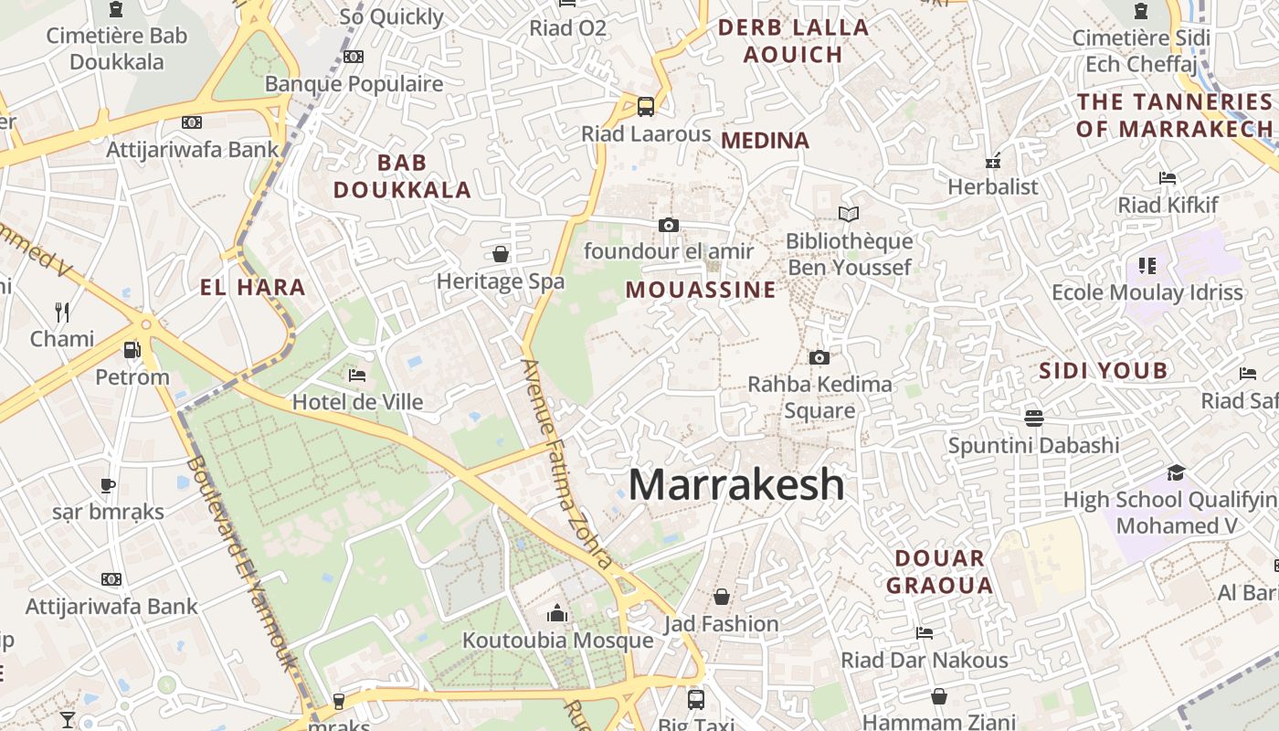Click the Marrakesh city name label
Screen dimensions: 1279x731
tap(736, 484)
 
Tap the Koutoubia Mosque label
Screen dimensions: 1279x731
tap(557, 640)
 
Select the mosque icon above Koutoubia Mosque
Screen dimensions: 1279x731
tap(557, 613)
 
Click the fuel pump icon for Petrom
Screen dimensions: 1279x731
tap(132, 350)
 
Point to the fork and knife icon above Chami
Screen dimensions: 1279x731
tap(62, 313)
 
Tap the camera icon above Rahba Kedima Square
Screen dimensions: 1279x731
tap(819, 357)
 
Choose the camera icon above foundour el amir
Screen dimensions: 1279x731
tap(669, 225)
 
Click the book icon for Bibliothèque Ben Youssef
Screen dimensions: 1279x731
tap(849, 215)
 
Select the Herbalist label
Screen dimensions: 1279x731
tap(993, 187)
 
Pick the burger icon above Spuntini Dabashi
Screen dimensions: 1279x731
tap(1034, 418)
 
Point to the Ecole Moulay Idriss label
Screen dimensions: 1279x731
tap(1147, 292)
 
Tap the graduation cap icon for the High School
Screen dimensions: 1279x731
tap(1176, 472)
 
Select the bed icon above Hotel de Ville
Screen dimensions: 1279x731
tap(357, 375)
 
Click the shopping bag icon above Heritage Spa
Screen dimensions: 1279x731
tap(501, 253)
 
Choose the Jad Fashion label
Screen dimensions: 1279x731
tap(722, 624)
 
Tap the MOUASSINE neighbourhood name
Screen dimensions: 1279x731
tap(701, 291)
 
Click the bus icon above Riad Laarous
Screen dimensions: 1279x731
tap(646, 107)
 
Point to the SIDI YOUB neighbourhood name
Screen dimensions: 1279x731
tap(1104, 370)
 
